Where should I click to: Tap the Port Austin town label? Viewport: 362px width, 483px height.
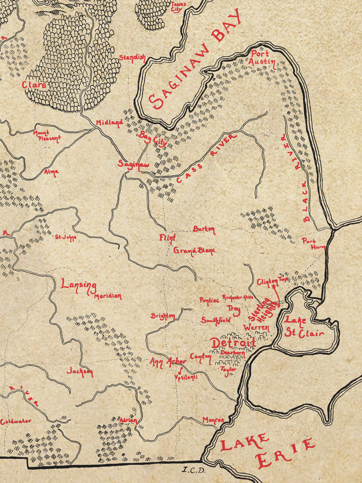point(262,58)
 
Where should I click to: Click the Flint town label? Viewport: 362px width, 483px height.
point(168,238)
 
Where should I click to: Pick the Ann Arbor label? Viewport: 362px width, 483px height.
point(168,362)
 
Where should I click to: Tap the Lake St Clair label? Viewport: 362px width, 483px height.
point(303,327)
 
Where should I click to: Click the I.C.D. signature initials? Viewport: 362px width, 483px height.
point(193,470)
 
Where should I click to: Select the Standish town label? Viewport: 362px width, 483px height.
point(132,58)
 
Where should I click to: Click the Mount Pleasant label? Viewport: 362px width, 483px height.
point(47,136)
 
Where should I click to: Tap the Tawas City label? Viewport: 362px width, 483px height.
point(178,7)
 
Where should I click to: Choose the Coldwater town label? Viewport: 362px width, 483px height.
point(16,421)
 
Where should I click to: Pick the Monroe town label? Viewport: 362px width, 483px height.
point(213,420)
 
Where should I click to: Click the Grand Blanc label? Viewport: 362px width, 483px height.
point(194,251)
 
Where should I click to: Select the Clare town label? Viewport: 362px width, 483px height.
point(34,85)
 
